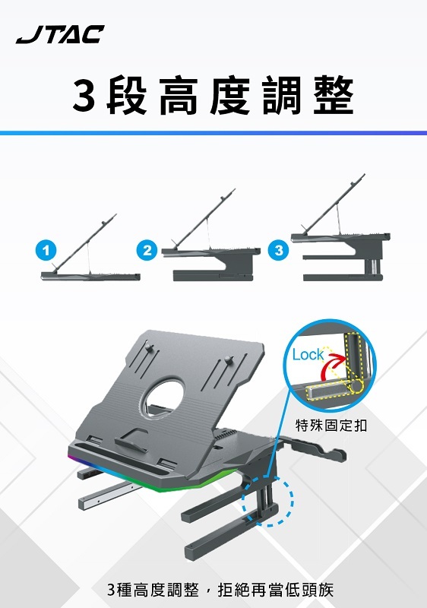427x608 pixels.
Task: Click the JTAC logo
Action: coord(60,34)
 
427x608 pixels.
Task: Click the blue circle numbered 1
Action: coord(47,249)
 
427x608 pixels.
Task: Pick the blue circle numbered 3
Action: coord(279,249)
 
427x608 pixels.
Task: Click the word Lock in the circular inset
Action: coord(308,354)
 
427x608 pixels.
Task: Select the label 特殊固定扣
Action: coord(331,425)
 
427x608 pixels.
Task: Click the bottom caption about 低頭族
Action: coord(220,589)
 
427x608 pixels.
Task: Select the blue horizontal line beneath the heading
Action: coord(214,133)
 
